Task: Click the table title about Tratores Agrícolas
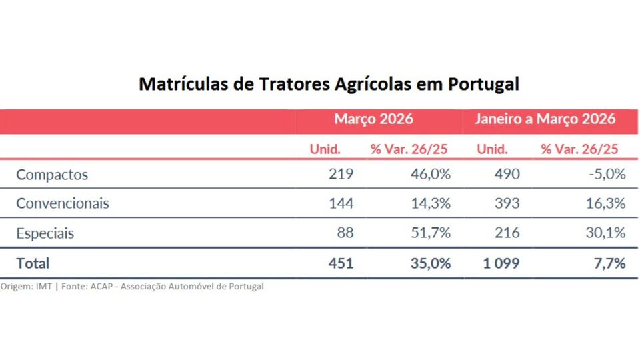329,85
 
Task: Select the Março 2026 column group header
373,119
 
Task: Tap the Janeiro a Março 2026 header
545,119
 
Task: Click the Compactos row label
52,175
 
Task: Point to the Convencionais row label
63,203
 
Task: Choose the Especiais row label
45,233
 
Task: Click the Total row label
33,263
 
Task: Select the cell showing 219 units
341,175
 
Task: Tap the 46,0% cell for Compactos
430,175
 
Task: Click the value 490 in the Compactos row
507,175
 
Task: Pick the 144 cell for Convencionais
341,203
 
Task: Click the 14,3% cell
430,203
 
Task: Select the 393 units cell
507,203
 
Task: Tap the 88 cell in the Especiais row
345,233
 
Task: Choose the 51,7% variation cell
430,233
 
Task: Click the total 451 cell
341,263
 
